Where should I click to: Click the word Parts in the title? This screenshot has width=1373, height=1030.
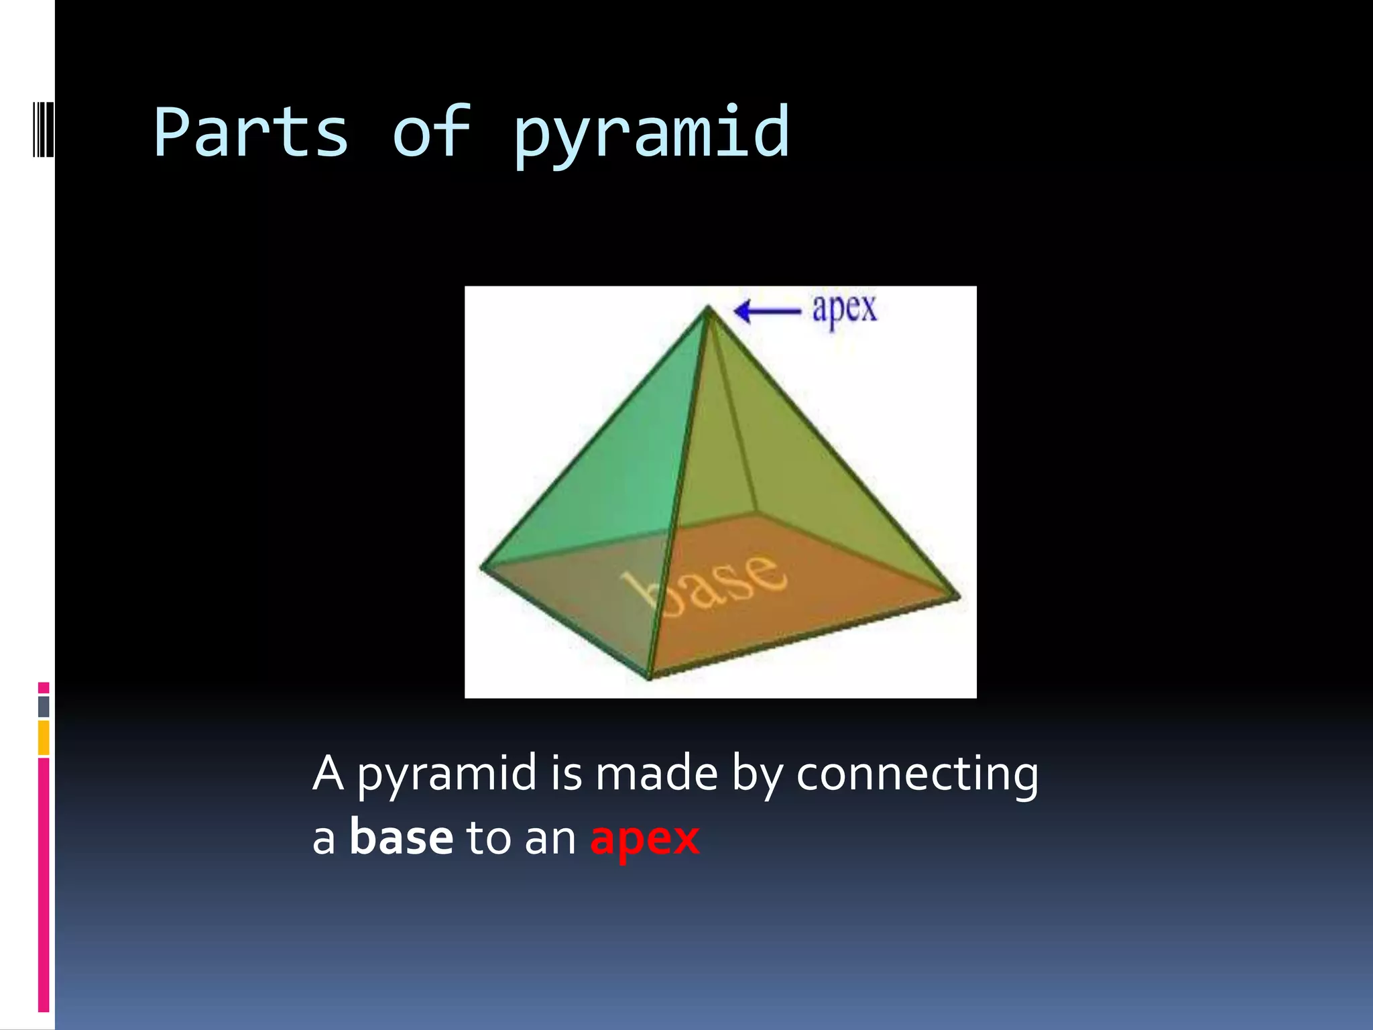251,132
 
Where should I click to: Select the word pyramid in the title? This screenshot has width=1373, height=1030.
651,134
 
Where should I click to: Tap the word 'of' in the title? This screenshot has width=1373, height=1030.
431,132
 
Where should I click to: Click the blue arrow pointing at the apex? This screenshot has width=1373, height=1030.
767,311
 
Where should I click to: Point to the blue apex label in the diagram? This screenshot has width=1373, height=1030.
844,310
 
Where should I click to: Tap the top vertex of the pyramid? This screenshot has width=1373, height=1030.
708,308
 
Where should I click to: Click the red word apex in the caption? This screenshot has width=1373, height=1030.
644,839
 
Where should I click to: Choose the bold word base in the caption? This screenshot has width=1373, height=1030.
401,838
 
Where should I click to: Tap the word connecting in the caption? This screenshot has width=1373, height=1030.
917,775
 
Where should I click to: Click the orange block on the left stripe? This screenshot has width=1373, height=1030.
44,738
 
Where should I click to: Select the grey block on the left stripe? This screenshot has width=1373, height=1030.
44,706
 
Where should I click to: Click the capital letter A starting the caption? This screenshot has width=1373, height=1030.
329,773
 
